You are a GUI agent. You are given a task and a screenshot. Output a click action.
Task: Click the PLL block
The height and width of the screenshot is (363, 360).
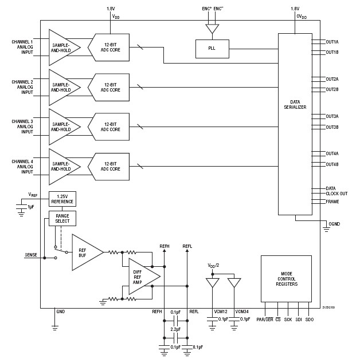point(212,49)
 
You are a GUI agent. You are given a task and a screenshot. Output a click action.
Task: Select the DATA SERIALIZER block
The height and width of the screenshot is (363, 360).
point(295,104)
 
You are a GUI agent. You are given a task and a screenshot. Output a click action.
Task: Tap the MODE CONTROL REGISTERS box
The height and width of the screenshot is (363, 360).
point(287,279)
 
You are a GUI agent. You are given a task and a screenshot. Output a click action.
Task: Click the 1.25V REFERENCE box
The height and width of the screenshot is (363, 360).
point(62,199)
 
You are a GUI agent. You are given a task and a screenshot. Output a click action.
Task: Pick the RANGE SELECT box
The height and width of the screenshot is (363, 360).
point(62,218)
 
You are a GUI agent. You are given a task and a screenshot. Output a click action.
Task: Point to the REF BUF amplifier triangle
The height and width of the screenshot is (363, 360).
point(85,252)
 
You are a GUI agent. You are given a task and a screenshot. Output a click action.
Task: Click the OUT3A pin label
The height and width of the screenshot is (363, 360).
point(332,116)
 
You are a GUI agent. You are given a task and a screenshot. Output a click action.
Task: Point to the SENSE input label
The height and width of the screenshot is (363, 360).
point(32,254)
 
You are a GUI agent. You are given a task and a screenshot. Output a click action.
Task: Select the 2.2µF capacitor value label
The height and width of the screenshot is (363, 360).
point(175,330)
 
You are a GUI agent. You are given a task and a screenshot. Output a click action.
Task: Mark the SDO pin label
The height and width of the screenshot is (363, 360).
point(310,319)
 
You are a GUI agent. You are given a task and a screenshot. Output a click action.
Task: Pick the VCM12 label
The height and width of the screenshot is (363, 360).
point(221,311)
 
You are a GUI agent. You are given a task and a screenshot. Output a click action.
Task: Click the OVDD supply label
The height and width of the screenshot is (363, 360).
point(301,17)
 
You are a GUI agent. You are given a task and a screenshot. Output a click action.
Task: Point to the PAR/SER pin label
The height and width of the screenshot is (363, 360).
point(265,319)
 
